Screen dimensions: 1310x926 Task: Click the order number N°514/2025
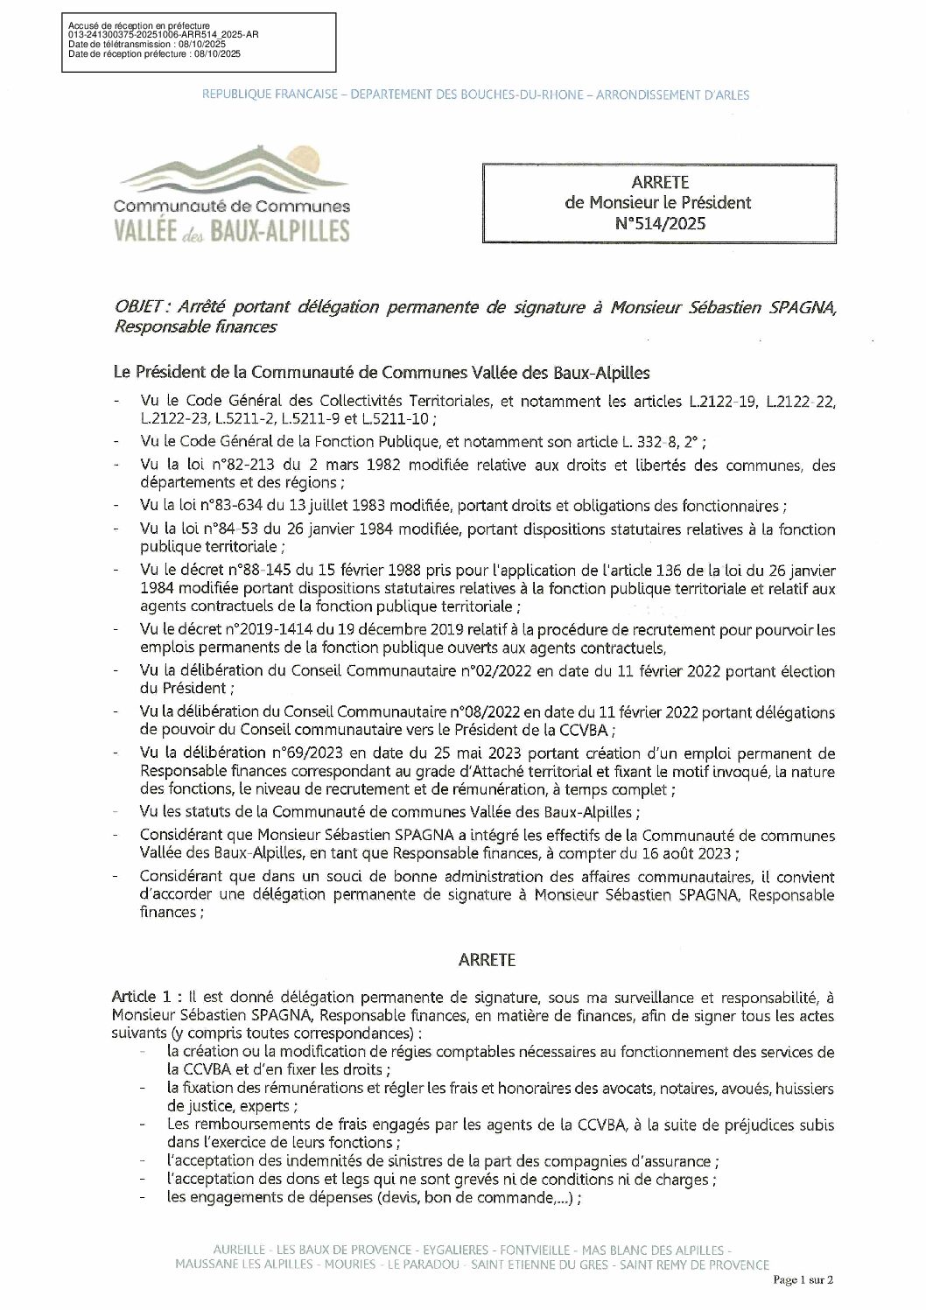pyautogui.click(x=659, y=223)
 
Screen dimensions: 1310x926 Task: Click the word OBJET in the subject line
pyautogui.click(x=142, y=306)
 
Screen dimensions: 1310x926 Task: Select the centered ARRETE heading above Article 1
pyautogui.click(x=487, y=959)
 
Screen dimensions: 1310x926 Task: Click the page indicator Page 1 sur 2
pyautogui.click(x=803, y=1279)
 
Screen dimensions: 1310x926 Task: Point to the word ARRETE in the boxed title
pyautogui.click(x=659, y=182)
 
